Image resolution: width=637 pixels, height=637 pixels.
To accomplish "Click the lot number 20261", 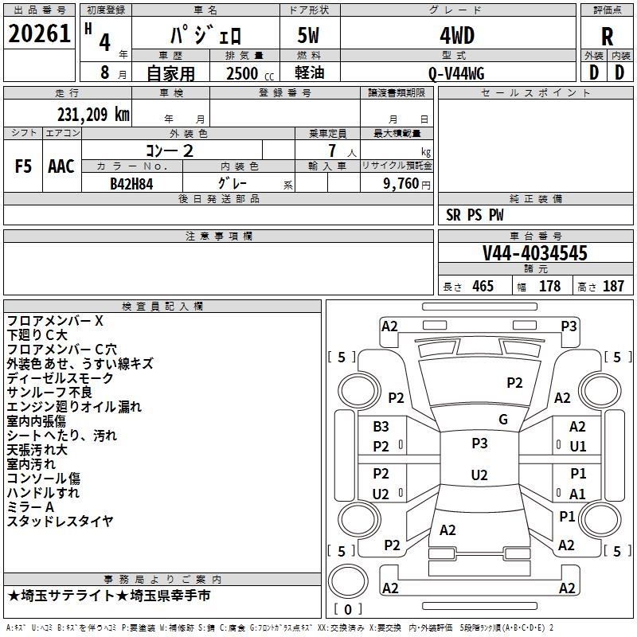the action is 39,33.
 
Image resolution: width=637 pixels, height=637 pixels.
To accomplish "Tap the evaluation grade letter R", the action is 607,37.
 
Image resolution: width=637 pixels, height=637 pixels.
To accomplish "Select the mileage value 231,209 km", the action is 93,115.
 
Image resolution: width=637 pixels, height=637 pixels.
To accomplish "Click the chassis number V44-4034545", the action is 535,252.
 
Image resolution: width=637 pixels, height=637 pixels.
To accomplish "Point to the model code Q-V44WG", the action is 456,73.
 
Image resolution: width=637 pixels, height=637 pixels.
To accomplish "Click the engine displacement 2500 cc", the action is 250,73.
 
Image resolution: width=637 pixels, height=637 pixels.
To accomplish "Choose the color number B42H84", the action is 131,184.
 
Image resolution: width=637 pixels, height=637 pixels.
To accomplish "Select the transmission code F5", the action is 23,166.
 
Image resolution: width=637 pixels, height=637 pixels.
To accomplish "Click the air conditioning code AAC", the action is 61,166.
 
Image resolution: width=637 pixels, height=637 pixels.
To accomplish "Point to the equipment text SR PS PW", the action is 475,215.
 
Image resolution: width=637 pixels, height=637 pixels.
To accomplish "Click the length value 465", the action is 483,286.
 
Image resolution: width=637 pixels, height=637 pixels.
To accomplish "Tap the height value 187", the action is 613,286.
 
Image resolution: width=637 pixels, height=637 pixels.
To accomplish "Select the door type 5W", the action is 308,36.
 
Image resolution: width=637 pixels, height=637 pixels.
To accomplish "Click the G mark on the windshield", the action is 503,420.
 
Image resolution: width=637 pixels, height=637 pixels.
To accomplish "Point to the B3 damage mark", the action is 381,427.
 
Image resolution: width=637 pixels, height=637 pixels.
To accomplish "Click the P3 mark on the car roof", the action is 479,444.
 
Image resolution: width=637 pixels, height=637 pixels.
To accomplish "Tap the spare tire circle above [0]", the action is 348,581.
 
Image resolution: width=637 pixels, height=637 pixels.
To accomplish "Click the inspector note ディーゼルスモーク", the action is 61,378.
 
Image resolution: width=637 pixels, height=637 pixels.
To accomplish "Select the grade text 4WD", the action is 457,36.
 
